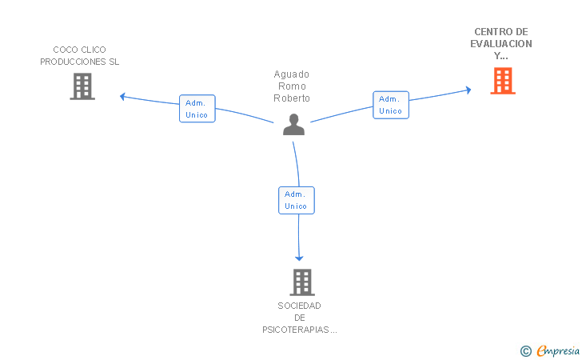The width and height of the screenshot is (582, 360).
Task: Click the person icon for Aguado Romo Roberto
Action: point(293,125)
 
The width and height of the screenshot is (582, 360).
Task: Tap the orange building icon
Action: point(503,81)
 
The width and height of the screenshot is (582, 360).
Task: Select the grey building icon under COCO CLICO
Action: point(82,86)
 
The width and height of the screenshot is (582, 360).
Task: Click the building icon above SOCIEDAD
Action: point(302,282)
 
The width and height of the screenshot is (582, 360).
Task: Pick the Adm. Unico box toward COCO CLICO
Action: point(197,109)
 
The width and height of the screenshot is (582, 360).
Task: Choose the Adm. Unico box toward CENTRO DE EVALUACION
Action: point(391,105)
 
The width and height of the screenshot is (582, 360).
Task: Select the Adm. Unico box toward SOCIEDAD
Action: point(297,200)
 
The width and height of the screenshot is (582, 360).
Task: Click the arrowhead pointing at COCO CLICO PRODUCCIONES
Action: point(122,97)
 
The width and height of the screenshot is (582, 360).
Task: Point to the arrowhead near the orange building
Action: point(468,90)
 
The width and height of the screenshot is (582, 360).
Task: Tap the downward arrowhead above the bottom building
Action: point(299,258)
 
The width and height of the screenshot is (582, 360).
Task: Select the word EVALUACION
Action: point(501,44)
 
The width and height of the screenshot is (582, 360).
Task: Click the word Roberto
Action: point(292,98)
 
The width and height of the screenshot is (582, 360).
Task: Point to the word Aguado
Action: point(291,74)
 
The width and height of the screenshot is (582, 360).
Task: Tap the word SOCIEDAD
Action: point(299,306)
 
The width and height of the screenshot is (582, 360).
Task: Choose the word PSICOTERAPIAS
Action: point(296,330)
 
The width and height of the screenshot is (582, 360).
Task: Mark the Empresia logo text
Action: point(558,350)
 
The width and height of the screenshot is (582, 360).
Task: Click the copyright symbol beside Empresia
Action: point(526,351)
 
